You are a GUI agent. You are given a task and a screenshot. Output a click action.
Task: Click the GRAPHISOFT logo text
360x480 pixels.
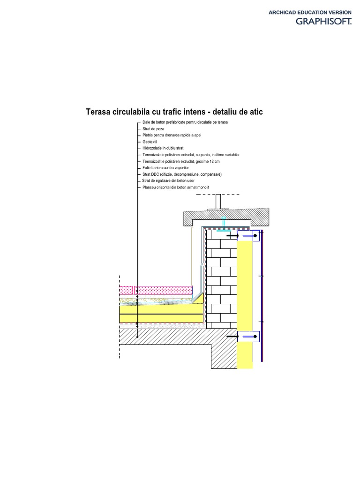pyautogui.click(x=323, y=21)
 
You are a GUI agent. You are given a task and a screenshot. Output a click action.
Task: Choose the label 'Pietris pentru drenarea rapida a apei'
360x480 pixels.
pyautogui.click(x=172, y=135)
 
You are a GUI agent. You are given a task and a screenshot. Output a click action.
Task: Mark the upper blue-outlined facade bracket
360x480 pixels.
pyautogui.click(x=248, y=236)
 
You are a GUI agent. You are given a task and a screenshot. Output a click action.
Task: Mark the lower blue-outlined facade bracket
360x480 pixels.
pyautogui.click(x=248, y=336)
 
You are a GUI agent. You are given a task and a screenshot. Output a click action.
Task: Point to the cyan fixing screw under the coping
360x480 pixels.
pyautogui.click(x=224, y=223)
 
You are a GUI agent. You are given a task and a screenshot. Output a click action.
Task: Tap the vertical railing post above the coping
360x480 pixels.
pyautogui.click(x=218, y=201)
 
